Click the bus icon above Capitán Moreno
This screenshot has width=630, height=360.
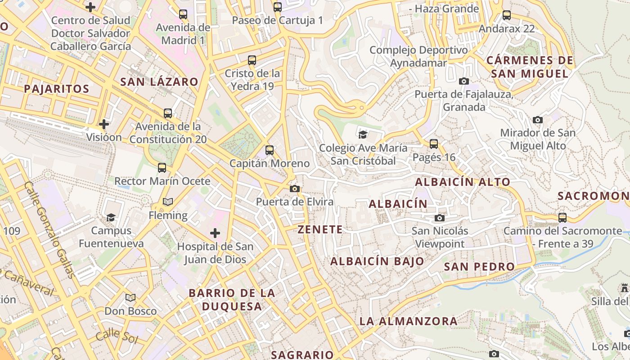[x=270, y=150]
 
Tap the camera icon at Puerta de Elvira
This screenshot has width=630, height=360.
[x=295, y=189]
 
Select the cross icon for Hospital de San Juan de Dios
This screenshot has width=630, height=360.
[x=215, y=233]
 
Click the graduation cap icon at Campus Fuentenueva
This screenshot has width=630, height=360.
[x=111, y=217]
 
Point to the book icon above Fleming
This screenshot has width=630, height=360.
[x=168, y=202]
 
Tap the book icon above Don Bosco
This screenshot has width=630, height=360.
[x=130, y=297]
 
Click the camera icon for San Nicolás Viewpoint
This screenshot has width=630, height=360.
[x=440, y=218]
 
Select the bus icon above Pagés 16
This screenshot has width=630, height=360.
[x=434, y=144]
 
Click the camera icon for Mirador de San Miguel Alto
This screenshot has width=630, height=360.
[x=537, y=120]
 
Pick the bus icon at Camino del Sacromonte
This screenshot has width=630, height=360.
[x=562, y=218]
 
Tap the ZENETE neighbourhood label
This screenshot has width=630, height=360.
[x=320, y=229]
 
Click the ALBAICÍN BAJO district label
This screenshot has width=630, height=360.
[x=377, y=261]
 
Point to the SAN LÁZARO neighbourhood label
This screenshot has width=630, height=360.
[x=159, y=82]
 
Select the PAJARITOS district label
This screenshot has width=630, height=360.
[x=57, y=89]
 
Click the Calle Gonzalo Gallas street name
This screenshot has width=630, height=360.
[x=49, y=229]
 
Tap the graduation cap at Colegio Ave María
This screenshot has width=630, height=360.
[x=363, y=134]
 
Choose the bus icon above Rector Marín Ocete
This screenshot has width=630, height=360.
[x=162, y=168]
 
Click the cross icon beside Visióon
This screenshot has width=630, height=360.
[x=104, y=124]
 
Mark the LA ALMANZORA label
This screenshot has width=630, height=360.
[x=408, y=321]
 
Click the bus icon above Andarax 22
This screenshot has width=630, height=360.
[x=507, y=15]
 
